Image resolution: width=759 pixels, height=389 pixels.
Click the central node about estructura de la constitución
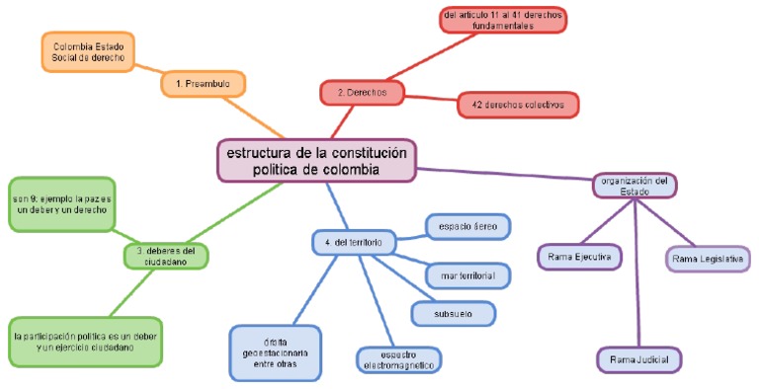(316, 160)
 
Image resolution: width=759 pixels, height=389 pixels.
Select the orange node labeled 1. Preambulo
(203, 84)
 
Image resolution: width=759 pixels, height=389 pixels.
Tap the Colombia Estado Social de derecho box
(88, 51)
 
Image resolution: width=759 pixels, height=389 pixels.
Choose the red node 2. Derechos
(363, 93)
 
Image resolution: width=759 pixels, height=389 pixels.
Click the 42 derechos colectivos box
(518, 105)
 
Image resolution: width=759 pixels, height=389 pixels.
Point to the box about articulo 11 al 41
(503, 21)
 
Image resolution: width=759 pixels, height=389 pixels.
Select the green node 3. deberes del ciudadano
(166, 256)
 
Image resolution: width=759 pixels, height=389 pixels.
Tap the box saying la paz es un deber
(62, 204)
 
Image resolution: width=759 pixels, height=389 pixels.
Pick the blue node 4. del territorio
(354, 242)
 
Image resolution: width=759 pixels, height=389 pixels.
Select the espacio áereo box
(467, 226)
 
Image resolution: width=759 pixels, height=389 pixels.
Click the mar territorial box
(467, 274)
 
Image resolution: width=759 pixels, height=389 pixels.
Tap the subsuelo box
(453, 313)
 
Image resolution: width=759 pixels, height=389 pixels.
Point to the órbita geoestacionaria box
(276, 352)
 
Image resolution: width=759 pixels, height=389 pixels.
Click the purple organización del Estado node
(635, 186)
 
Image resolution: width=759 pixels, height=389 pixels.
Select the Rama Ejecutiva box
(579, 257)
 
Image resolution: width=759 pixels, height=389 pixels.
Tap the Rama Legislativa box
(708, 259)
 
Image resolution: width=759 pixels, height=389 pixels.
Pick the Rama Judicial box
(638, 359)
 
